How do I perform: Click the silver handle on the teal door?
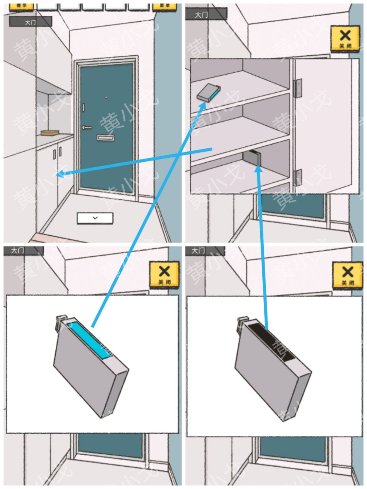[87, 128]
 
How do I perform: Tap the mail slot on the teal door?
[105, 138]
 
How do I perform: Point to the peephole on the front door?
[106, 98]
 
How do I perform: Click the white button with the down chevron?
[95, 218]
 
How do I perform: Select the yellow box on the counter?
[50, 133]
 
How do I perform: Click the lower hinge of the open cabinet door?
[297, 177]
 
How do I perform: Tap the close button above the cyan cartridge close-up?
[164, 275]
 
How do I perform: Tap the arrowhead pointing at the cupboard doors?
[59, 175]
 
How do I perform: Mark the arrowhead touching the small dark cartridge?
[259, 167]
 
